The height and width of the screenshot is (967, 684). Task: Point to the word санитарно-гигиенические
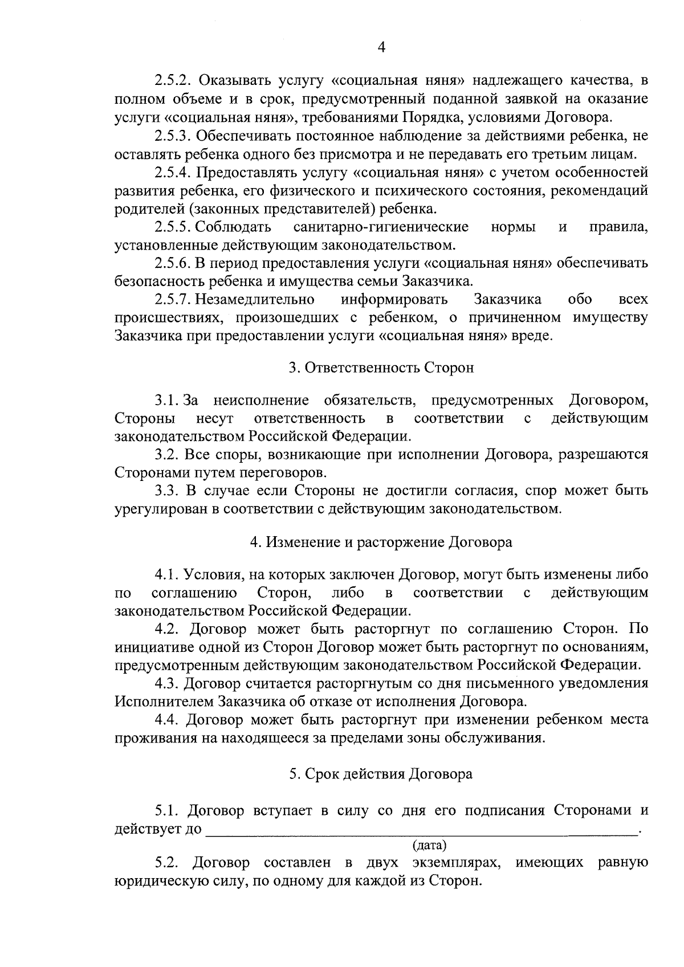[x=381, y=227]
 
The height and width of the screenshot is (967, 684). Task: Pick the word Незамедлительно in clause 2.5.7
[x=255, y=300]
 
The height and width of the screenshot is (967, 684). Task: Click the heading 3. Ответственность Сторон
[x=381, y=368]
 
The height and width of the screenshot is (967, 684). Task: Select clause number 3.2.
[x=168, y=455]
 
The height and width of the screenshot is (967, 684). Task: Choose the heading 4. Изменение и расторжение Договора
[x=381, y=542]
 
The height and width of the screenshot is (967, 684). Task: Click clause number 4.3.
[x=168, y=683]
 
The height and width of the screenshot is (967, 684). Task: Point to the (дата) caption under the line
[x=429, y=846]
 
